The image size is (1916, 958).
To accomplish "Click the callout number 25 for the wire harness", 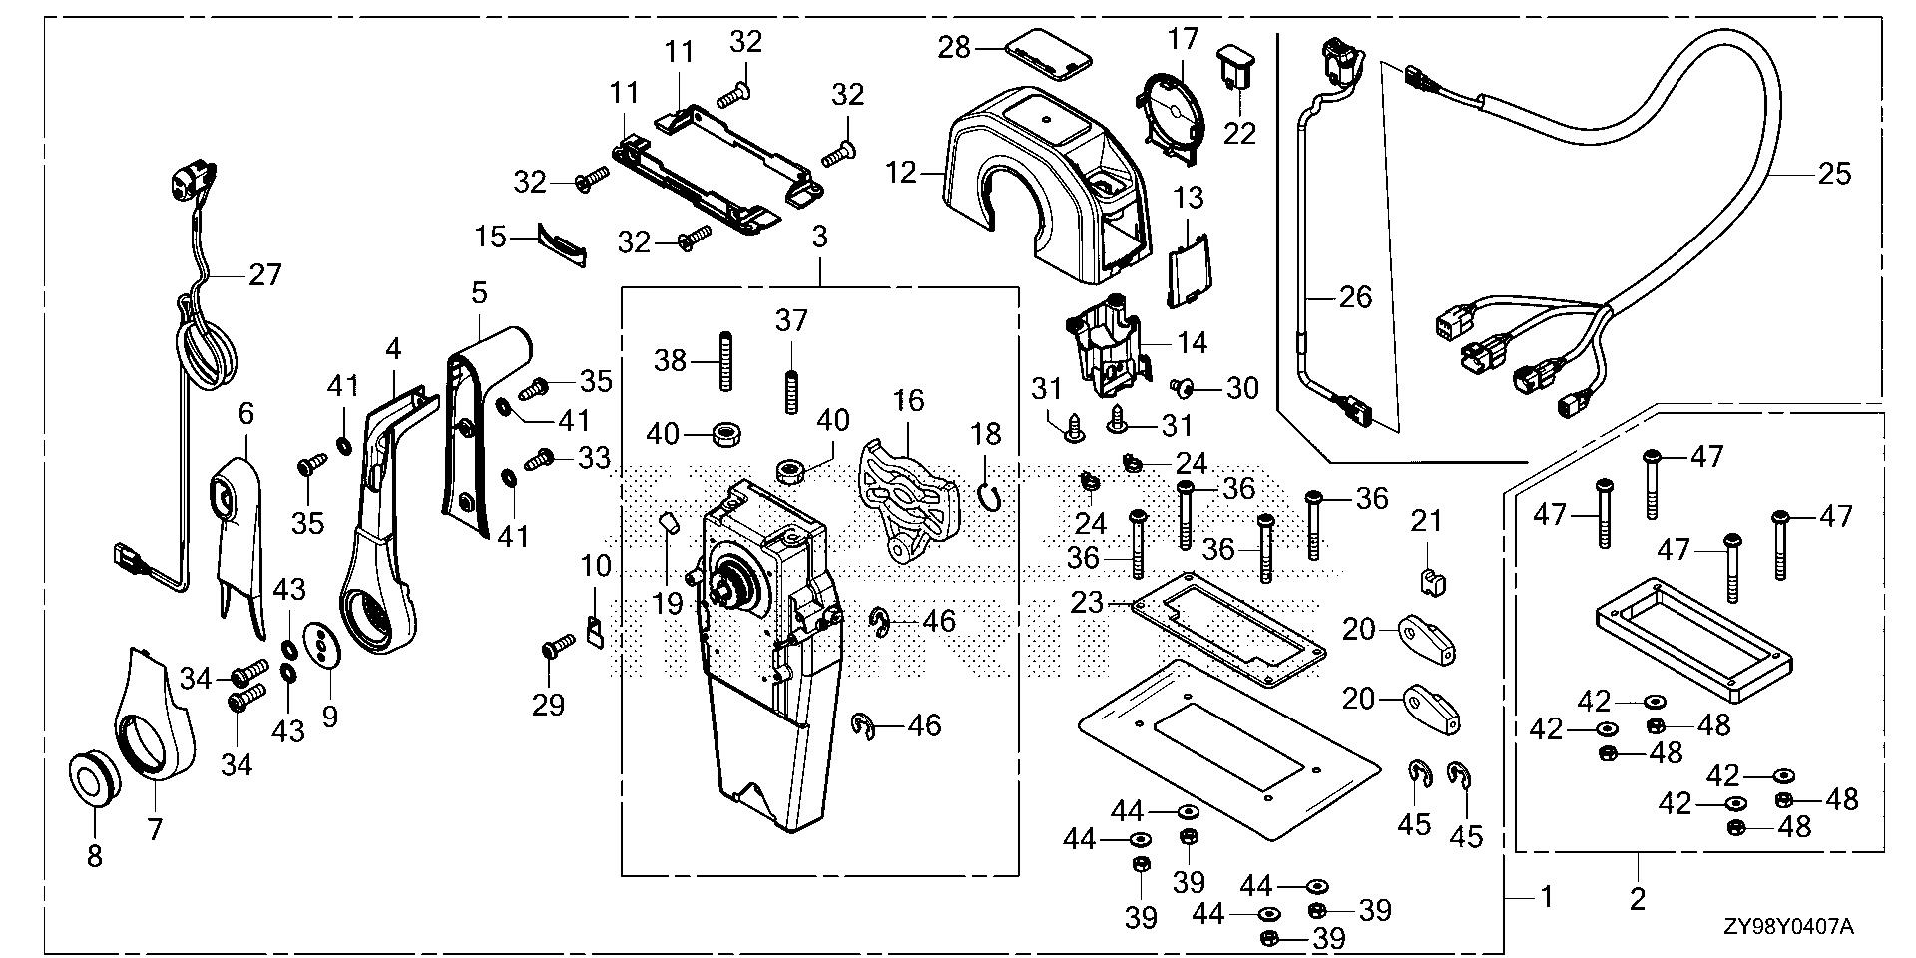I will pos(1834,174).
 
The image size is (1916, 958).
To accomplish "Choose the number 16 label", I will pos(908,400).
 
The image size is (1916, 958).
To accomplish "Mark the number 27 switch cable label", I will pos(265,273).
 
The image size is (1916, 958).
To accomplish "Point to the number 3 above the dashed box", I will pos(819,238).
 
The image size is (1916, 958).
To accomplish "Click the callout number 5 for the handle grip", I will pos(479,293).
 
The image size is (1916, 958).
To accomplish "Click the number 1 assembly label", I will pos(1546,897).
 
